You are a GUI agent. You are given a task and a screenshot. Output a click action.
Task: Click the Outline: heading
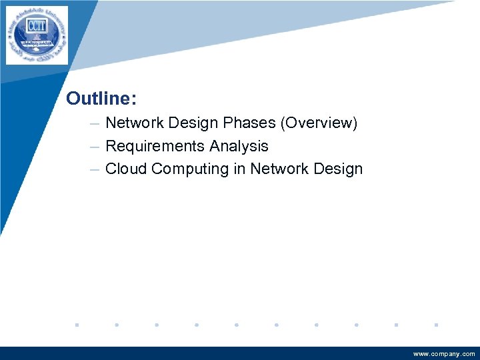[x=101, y=99]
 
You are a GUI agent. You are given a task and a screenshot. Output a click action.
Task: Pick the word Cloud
[x=126, y=169]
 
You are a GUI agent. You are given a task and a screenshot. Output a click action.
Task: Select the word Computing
[x=190, y=169]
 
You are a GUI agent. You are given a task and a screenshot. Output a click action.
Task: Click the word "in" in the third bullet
[x=239, y=169]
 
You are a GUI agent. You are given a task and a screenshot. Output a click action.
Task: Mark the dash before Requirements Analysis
[x=95, y=147]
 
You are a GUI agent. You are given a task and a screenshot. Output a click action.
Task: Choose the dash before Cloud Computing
[x=95, y=169]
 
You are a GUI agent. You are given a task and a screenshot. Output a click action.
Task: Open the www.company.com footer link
[x=444, y=354]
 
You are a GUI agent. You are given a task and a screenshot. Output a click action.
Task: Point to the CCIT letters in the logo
[x=37, y=26]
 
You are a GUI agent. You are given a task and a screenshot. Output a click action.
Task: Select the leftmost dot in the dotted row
[x=77, y=325]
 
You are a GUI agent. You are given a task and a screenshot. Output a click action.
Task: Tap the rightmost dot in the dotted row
[x=435, y=325]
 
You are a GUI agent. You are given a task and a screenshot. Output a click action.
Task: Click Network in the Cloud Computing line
[x=279, y=169]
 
